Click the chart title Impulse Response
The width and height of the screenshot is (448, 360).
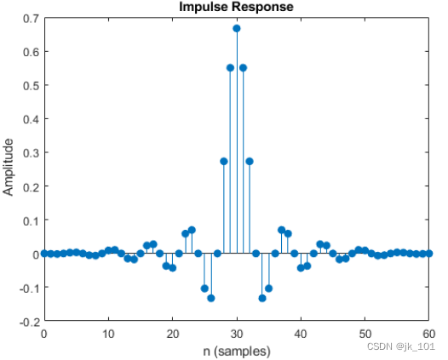tap(236, 8)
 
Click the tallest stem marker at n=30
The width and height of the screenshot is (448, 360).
tap(237, 28)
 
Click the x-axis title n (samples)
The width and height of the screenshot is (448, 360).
tap(236, 351)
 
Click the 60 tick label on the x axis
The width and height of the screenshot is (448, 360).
tap(429, 334)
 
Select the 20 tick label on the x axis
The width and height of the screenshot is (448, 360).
tap(172, 334)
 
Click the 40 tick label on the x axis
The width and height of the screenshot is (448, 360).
tap(301, 334)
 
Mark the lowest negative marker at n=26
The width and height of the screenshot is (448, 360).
tap(211, 298)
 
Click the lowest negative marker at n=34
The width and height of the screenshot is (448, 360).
tap(262, 298)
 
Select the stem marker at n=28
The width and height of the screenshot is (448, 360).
tap(224, 161)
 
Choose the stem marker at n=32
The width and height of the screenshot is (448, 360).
tap(250, 161)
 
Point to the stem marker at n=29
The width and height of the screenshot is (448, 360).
tap(230, 67)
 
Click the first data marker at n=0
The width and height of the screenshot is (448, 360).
tap(44, 254)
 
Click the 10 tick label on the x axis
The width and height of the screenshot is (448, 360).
tap(108, 334)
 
